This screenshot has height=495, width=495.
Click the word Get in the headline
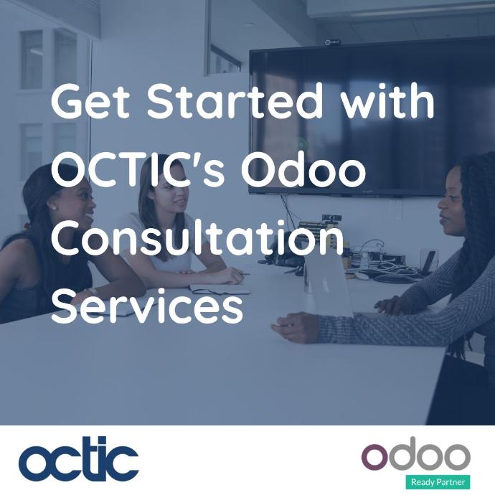90,101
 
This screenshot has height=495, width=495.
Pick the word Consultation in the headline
197,237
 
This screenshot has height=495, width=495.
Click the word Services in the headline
147,306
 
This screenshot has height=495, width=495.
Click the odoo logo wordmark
416,453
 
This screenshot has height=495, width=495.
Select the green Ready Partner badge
438,482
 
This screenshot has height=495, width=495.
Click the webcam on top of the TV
333,42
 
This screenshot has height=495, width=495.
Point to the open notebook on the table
220,289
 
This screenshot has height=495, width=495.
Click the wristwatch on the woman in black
93,291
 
